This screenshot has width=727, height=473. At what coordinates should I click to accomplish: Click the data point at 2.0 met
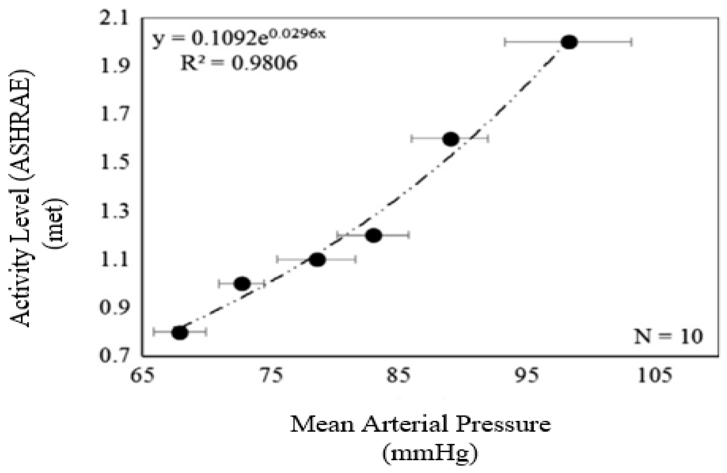pos(569,42)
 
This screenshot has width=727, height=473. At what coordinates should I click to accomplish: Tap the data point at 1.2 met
pos(374,236)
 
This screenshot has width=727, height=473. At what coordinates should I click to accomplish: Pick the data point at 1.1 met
pos(317,259)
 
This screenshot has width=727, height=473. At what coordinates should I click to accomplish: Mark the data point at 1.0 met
pos(242,284)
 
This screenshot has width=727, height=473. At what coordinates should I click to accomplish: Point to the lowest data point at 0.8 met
pos(180,332)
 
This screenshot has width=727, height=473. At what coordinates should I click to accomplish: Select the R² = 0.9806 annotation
pos(239,63)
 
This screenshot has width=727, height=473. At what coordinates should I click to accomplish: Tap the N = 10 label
pos(668,336)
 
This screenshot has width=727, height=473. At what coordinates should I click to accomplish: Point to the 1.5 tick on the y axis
pos(114,163)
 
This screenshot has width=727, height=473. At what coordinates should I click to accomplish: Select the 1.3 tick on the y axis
pos(114,211)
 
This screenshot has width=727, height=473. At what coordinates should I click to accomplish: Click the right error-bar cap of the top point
pos(631,42)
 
